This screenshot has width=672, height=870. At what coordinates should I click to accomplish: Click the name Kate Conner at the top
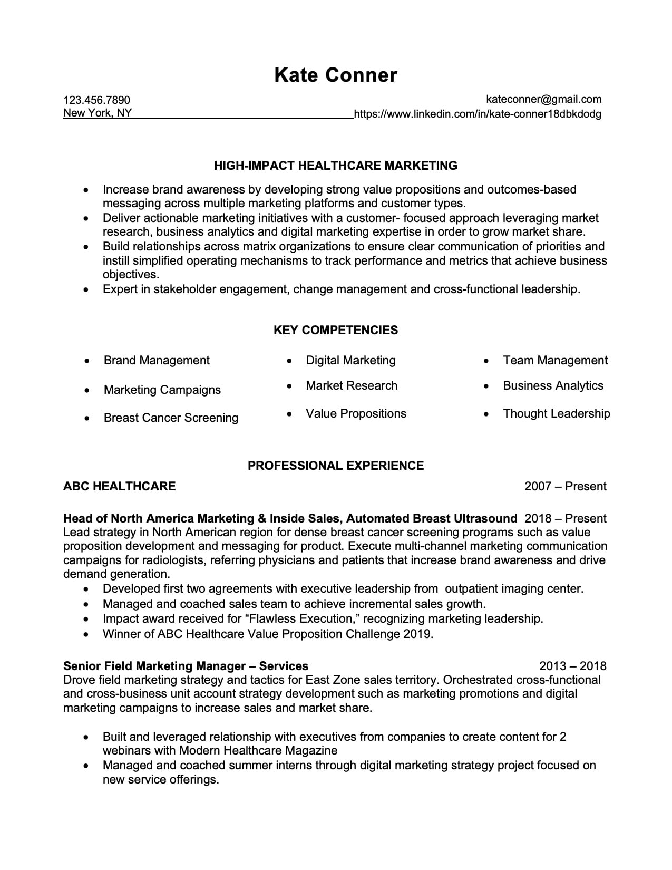click(x=335, y=75)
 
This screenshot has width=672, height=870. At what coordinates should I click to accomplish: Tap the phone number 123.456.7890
click(x=96, y=100)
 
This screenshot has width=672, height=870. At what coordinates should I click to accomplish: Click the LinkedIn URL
click(x=478, y=114)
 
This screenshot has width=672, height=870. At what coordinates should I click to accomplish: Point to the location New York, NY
click(x=98, y=113)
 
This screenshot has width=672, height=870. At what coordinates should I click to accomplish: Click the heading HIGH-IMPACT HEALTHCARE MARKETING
click(x=335, y=166)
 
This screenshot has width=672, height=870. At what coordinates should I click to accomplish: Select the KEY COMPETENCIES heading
click(x=335, y=330)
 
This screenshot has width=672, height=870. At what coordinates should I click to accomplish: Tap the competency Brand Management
click(x=157, y=361)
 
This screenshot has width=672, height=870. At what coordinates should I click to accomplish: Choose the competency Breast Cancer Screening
click(x=171, y=418)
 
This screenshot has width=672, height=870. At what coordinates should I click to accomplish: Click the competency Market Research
click(x=352, y=386)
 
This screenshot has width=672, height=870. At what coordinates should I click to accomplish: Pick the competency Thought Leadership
click(x=556, y=414)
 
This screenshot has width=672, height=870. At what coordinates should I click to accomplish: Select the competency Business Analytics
click(x=553, y=386)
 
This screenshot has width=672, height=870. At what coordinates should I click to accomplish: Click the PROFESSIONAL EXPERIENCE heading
click(x=335, y=466)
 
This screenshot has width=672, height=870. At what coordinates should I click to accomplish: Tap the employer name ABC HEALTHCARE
click(x=119, y=486)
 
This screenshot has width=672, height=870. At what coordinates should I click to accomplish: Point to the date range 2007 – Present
click(x=565, y=487)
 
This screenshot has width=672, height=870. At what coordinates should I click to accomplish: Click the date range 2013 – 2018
click(x=572, y=666)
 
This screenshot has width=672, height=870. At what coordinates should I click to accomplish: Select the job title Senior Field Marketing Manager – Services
click(x=186, y=666)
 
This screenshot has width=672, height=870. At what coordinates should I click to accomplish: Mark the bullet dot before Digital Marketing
click(x=289, y=361)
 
